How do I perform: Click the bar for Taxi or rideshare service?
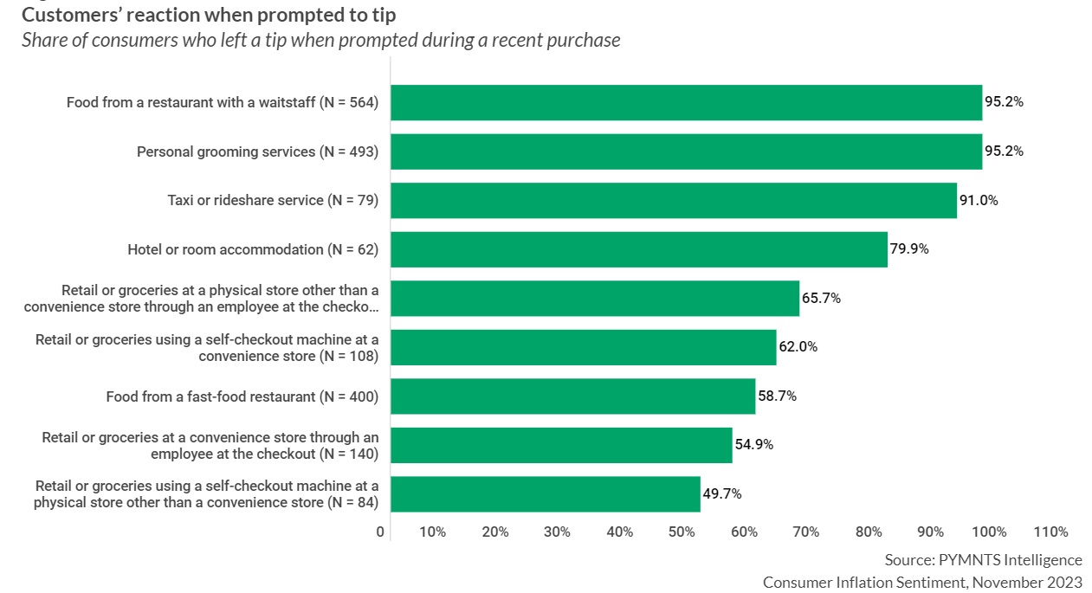(x=673, y=200)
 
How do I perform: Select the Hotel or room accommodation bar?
(x=638, y=249)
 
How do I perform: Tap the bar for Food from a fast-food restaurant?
(x=572, y=396)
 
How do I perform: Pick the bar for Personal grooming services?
(x=686, y=151)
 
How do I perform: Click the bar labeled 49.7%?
(x=545, y=494)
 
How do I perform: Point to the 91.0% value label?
(x=979, y=200)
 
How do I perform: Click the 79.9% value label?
(x=909, y=249)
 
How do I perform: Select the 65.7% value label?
(x=821, y=299)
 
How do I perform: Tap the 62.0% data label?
(x=798, y=347)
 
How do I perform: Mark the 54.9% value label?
(x=753, y=445)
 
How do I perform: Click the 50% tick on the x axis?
(x=682, y=532)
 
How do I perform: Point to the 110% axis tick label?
(x=1051, y=532)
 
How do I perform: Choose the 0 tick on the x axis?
(x=380, y=532)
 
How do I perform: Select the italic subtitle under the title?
(x=320, y=40)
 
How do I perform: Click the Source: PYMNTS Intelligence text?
(x=983, y=559)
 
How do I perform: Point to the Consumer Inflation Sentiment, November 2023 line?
(x=922, y=582)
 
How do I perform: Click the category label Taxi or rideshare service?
(x=273, y=201)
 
